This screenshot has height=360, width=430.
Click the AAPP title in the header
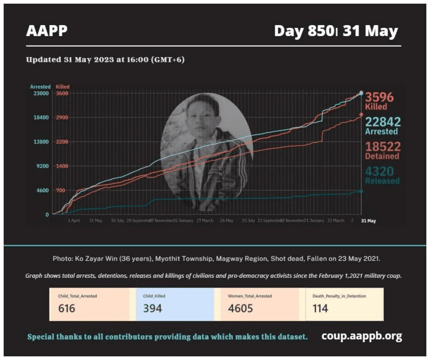click(x=47, y=31)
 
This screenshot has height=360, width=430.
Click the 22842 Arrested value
click(x=383, y=122)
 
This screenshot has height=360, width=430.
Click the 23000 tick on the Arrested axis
click(x=41, y=93)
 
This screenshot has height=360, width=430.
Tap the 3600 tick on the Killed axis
click(x=62, y=93)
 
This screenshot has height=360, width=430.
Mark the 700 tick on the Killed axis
click(x=61, y=190)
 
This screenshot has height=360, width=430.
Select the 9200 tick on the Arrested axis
click(x=43, y=166)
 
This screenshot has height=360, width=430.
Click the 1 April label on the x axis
click(x=74, y=221)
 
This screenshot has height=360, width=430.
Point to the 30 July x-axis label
click(x=117, y=221)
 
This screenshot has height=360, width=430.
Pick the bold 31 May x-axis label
click(x=369, y=221)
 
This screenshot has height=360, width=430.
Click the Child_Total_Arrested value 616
click(x=67, y=308)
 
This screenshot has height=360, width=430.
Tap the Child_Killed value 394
click(x=152, y=308)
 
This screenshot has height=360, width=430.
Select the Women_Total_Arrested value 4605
click(x=241, y=308)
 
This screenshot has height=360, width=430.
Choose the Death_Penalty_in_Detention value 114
click(x=320, y=308)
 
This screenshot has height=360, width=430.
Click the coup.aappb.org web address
click(x=361, y=336)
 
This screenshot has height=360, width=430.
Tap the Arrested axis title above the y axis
click(x=40, y=86)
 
